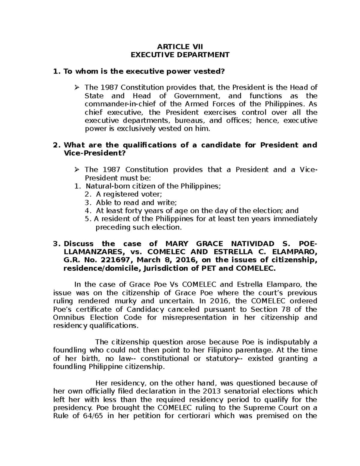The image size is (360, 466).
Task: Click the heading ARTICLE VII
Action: [180, 47]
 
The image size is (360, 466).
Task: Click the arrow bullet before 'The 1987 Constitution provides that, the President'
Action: [77, 88]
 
